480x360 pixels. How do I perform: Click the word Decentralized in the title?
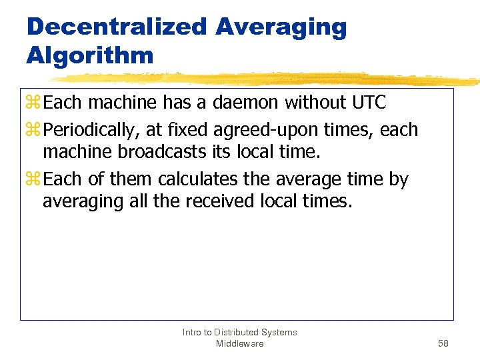(117, 27)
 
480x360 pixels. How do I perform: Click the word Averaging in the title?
(281, 27)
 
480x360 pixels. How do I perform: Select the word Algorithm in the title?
(90, 55)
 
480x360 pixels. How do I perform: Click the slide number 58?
(443, 343)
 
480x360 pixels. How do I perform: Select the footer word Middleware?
(240, 343)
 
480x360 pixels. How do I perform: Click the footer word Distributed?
(243, 332)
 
